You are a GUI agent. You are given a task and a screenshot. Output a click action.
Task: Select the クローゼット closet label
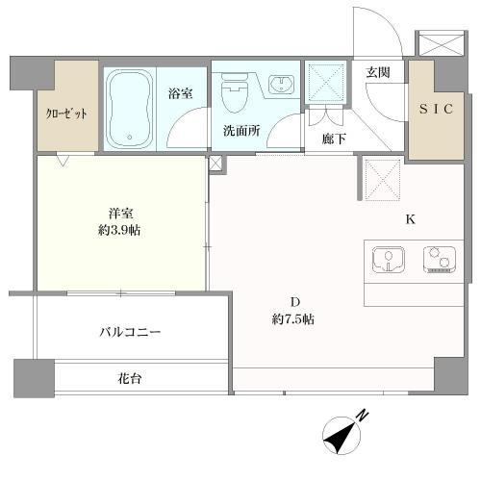click(x=67, y=113)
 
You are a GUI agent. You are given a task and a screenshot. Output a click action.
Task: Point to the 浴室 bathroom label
click(x=180, y=93)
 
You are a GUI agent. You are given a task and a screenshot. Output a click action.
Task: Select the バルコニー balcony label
click(x=130, y=332)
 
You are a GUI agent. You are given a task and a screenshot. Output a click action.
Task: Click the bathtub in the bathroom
click(x=130, y=108)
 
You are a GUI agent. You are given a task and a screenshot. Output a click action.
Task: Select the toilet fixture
click(x=234, y=95)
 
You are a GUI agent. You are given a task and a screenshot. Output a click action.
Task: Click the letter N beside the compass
click(x=362, y=415)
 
